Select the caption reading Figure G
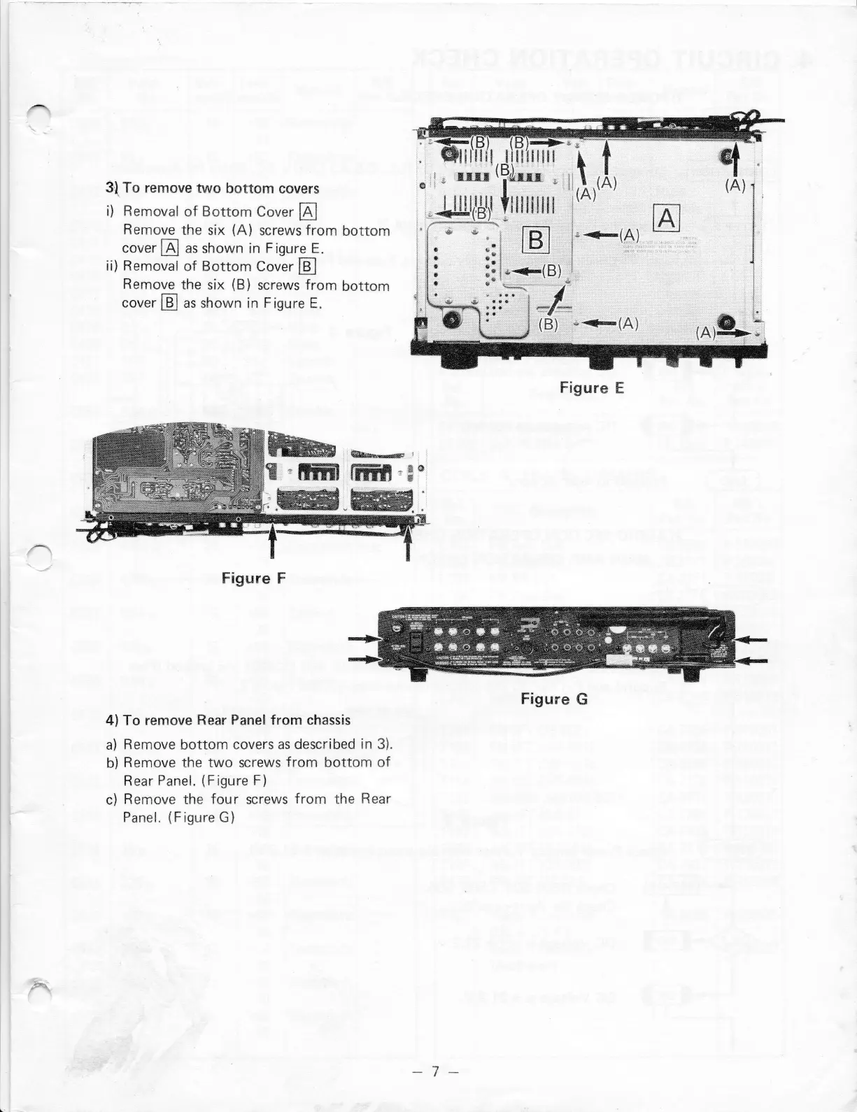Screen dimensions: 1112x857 pos(554,699)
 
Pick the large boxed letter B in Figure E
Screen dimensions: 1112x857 pos(536,240)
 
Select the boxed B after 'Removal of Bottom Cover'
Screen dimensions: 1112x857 pos(308,266)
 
